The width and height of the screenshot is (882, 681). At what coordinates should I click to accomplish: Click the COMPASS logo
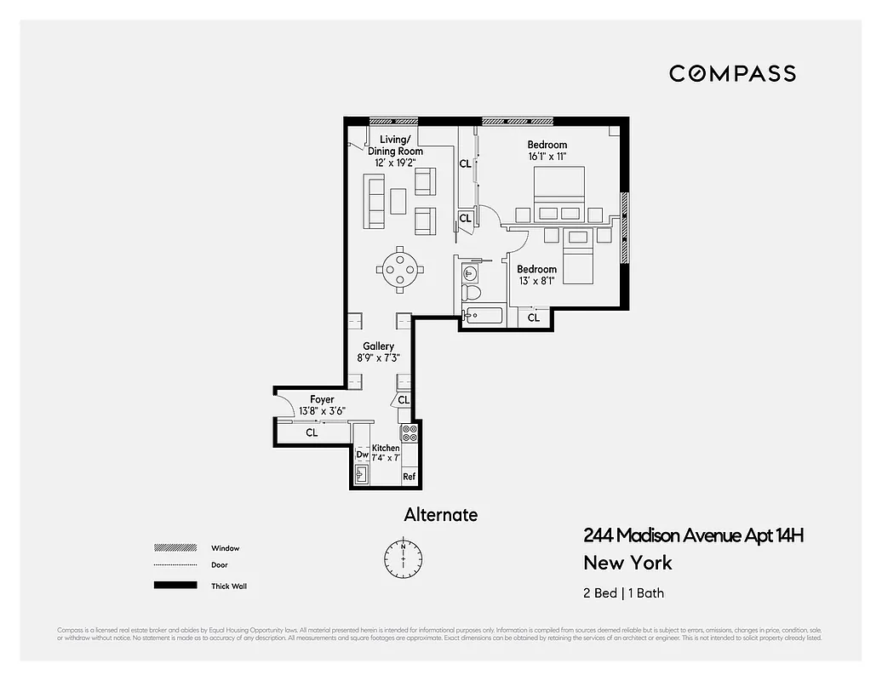point(732,73)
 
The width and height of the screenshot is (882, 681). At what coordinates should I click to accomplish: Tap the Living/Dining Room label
point(395,146)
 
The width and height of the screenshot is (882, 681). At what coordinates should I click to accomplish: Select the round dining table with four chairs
point(399,269)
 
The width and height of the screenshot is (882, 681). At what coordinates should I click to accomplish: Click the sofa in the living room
point(374,201)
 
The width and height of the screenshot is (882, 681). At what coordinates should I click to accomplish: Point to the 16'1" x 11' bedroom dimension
point(547,157)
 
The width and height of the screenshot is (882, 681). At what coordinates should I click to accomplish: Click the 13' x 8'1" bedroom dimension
point(536,281)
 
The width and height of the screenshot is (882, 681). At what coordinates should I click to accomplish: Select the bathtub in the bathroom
point(484,318)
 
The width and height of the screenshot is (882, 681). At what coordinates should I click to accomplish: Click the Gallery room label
point(378,346)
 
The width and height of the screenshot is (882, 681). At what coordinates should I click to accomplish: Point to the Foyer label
point(322,399)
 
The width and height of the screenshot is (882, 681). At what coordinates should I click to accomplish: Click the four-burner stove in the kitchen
point(409,432)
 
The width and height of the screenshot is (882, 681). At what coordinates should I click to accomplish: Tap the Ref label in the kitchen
point(409,477)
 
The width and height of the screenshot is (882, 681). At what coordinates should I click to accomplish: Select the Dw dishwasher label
point(362,455)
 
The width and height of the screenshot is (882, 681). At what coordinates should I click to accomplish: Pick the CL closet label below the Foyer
point(312,433)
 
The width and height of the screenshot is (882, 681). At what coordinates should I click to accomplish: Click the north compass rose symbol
point(402,556)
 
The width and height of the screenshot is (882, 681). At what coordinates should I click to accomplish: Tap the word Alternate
point(440,515)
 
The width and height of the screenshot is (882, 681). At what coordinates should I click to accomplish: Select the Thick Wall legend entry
point(228,586)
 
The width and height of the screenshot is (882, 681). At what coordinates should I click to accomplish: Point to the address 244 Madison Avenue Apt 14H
point(693,535)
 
